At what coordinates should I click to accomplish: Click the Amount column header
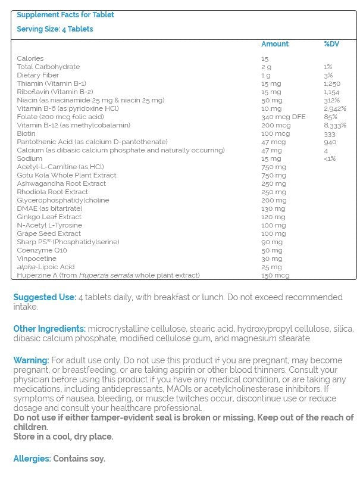[x=274, y=44]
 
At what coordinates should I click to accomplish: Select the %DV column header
[x=331, y=44]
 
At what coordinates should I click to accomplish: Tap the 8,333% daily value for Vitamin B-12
[x=335, y=126]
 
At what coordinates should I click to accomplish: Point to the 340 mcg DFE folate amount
[x=283, y=117]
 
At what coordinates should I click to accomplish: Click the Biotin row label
[x=27, y=134]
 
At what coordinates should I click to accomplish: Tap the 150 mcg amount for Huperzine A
[x=275, y=275]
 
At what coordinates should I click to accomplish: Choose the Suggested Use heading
[x=45, y=297]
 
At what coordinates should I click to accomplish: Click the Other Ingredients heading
[x=49, y=329]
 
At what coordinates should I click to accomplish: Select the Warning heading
[x=31, y=361]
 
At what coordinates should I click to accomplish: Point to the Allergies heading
[x=32, y=459]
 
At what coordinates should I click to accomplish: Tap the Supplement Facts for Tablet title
[x=65, y=14]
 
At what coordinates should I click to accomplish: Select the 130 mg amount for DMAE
[x=272, y=208]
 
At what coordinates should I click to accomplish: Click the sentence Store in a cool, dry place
[x=63, y=437]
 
